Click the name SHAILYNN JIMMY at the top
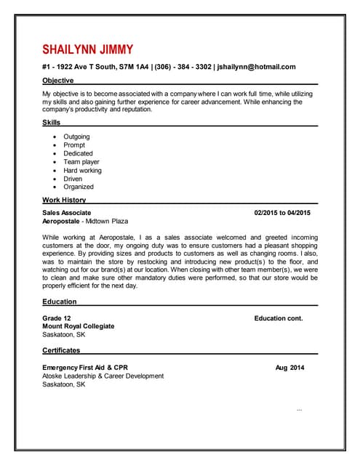click(88, 49)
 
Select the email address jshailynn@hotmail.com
click(256, 67)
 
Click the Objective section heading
click(58, 80)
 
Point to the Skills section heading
click(52, 122)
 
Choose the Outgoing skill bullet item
click(76, 137)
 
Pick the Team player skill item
click(81, 162)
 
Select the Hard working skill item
click(82, 171)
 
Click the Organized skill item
click(79, 187)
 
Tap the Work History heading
click(64, 200)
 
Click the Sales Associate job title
click(67, 213)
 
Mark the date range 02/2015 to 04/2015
click(282, 213)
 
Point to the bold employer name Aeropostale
click(61, 221)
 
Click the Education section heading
click(60, 302)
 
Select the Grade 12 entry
click(57, 318)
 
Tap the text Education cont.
click(279, 318)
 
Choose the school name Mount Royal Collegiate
click(79, 326)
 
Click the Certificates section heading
click(61, 350)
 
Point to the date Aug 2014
click(290, 368)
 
